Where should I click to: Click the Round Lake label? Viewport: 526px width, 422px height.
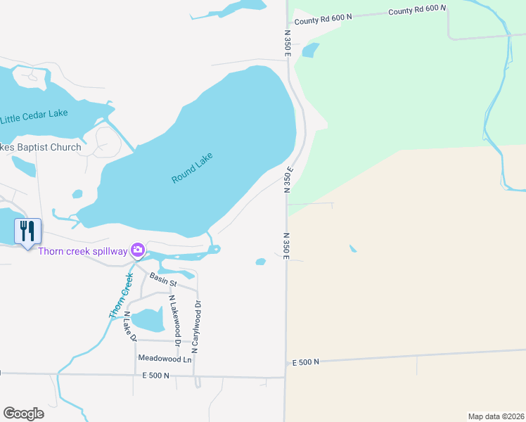[192, 169]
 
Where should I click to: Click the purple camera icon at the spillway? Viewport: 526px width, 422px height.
[138, 250]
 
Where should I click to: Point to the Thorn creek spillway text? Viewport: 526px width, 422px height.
[82, 251]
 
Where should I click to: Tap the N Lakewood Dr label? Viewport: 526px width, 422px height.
[175, 321]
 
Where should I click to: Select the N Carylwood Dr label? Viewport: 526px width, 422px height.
[197, 326]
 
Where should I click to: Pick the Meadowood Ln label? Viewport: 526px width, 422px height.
[165, 359]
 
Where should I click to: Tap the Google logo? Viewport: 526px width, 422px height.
[23, 414]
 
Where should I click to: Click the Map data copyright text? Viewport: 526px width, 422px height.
[496, 416]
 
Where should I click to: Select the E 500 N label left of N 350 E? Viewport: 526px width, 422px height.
[156, 376]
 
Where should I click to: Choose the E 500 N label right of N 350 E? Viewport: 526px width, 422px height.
[306, 362]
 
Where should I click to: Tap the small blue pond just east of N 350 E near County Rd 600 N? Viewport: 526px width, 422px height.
[309, 50]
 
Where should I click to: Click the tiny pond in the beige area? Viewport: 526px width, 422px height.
[352, 248]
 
